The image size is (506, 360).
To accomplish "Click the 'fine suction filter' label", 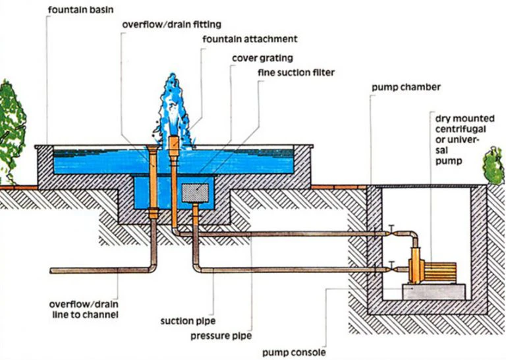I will point(295,72).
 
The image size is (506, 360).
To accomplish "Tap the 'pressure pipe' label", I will point(221,336).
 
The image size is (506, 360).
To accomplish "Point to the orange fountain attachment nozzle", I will point(174,144).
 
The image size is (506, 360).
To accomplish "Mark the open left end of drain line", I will point(52,270).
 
